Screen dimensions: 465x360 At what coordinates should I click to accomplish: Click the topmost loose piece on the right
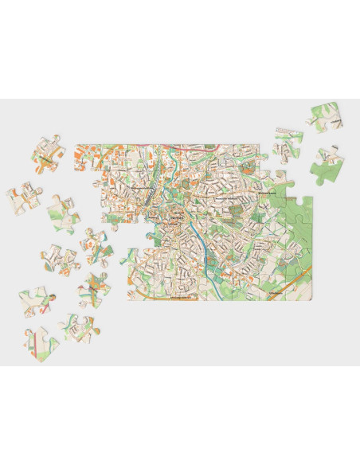click(327, 116)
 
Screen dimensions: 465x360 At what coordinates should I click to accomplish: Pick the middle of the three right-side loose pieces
click(288, 144)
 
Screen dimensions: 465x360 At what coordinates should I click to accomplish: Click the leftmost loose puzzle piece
click(24, 196)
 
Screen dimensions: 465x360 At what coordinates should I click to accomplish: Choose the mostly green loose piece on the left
click(64, 212)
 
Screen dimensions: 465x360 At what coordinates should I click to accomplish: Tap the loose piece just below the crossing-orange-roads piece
click(94, 288)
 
